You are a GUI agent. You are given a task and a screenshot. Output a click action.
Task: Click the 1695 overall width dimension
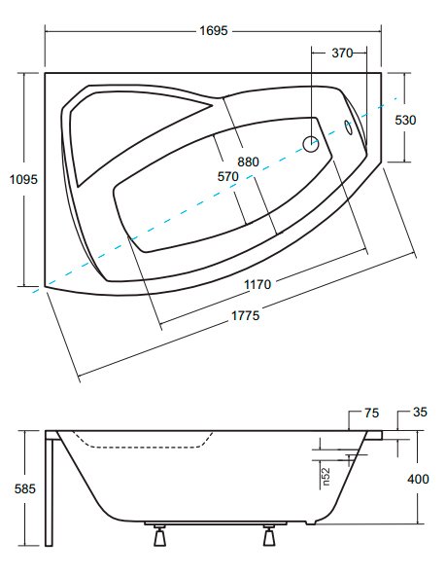click(x=214, y=30)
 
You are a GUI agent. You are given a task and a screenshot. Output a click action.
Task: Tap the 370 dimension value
click(x=342, y=53)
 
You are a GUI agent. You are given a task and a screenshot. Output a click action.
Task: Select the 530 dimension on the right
click(x=405, y=120)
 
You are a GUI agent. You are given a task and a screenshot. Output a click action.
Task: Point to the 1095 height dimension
click(x=23, y=179)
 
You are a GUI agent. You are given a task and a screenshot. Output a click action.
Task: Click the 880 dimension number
click(x=249, y=162)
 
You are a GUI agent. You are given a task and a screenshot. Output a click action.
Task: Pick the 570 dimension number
click(x=228, y=177)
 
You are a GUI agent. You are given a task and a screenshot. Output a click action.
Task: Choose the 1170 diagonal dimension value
click(x=257, y=284)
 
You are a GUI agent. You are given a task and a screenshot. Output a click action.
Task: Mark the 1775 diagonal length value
click(x=246, y=315)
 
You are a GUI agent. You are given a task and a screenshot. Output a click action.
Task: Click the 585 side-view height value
click(x=25, y=489)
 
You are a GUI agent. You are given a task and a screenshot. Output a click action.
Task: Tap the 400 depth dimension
click(x=418, y=479)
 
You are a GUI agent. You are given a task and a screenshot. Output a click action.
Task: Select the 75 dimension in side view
click(x=371, y=413)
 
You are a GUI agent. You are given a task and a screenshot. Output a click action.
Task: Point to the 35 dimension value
click(x=420, y=413)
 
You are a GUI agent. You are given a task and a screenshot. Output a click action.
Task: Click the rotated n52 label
click(x=326, y=477)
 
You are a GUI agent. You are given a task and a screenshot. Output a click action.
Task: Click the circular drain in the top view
click(x=311, y=144)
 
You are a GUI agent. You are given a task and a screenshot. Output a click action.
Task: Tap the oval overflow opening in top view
click(x=349, y=127)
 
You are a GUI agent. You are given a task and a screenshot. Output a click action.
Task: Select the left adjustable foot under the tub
click(x=160, y=535)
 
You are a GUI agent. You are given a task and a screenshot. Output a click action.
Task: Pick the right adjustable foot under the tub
click(x=269, y=535)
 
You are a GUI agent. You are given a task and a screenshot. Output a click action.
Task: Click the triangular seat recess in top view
click(x=128, y=132)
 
